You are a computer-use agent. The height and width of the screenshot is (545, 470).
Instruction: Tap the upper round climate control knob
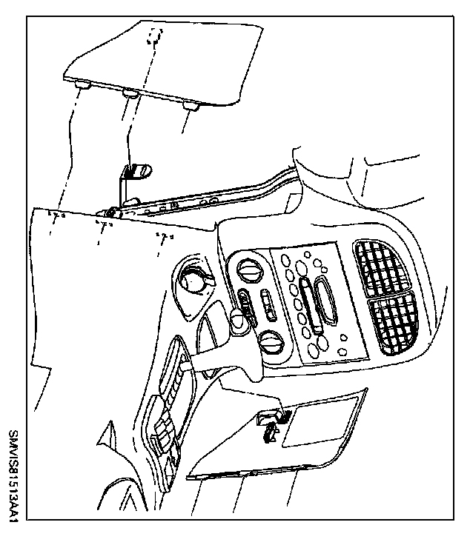[250, 270]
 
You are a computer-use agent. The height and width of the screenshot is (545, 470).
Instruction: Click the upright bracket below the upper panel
[132, 182]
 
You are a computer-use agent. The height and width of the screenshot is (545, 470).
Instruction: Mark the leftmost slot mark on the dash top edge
[56, 215]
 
